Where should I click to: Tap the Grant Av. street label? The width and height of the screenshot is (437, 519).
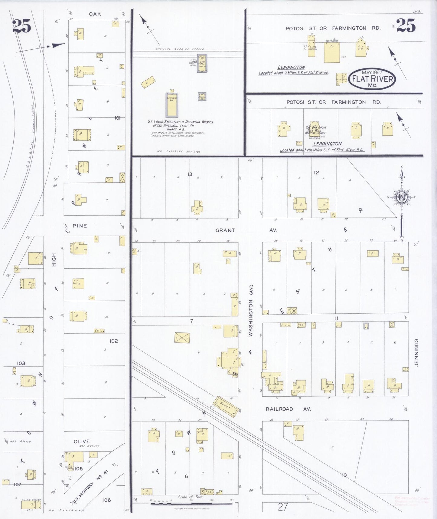click(246, 230)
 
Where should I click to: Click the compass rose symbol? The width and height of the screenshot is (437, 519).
click(402, 197)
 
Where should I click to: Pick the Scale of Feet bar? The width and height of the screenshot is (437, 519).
click(191, 504)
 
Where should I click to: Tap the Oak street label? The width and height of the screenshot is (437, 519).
click(95, 14)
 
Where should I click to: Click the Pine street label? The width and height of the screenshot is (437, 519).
click(80, 226)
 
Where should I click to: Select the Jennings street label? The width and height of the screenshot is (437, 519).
click(417, 353)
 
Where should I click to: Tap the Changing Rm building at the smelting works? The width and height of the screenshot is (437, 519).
click(171, 105)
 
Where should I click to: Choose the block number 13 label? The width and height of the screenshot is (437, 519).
click(190, 174)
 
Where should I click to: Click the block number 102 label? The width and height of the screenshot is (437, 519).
click(114, 341)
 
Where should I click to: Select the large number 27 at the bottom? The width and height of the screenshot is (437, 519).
click(283, 507)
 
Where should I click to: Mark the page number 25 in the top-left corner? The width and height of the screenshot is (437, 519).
click(22, 26)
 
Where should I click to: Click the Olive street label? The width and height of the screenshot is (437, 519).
click(82, 442)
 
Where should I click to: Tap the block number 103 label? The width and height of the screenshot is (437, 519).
click(21, 363)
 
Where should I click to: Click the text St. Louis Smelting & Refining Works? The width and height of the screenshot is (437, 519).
click(180, 122)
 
